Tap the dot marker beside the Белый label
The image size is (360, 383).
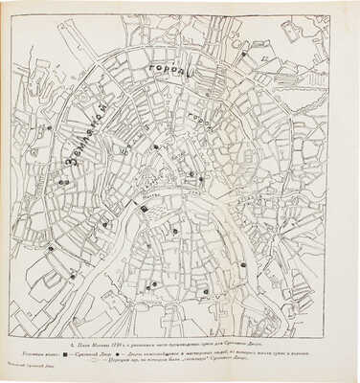click(x=155, y=146)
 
